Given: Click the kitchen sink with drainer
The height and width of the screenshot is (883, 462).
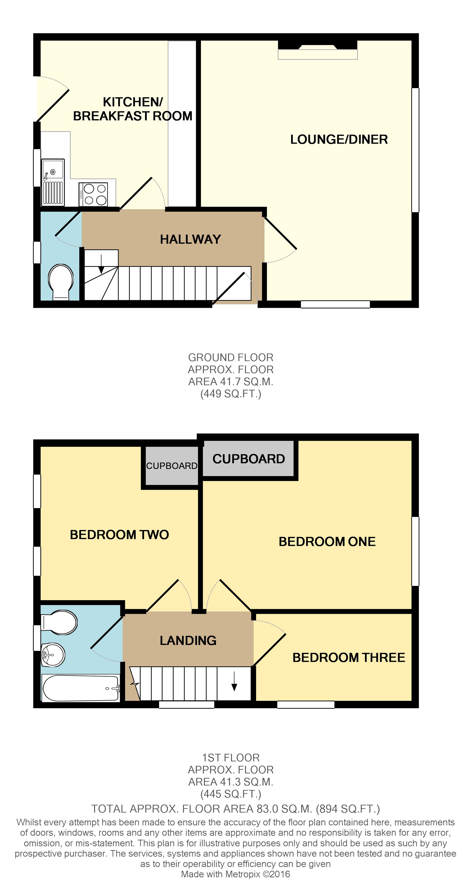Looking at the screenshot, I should [x=53, y=182].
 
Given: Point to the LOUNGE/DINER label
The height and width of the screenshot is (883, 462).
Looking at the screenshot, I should [x=338, y=139].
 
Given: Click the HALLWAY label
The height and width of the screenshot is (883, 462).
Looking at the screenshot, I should [x=190, y=239].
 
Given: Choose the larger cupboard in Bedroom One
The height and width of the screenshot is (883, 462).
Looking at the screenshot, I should [x=248, y=459].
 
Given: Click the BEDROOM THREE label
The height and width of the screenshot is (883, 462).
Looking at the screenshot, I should [x=349, y=657].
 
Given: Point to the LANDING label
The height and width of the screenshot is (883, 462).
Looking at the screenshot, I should [x=188, y=640].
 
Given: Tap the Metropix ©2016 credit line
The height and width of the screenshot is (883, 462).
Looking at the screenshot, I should [x=235, y=874].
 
